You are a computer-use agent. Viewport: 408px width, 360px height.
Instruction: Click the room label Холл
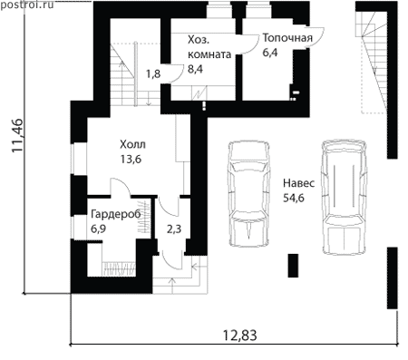click(x=132, y=144)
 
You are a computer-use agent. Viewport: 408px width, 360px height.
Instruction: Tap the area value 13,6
click(x=131, y=159)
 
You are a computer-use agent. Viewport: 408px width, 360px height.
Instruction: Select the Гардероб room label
click(x=116, y=214)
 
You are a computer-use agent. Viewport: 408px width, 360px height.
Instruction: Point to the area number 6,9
click(x=98, y=229)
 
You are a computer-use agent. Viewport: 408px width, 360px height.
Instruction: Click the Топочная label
click(x=287, y=38)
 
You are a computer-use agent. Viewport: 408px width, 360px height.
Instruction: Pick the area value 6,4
click(x=270, y=53)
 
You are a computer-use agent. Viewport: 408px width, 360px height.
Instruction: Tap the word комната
click(x=209, y=54)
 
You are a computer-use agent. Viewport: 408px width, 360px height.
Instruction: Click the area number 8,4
click(x=195, y=69)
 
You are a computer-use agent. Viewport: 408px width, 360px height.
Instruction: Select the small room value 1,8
click(x=153, y=74)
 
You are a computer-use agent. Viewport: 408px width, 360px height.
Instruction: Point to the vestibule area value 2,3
click(x=174, y=229)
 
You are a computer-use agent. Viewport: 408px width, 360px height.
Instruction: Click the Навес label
click(x=298, y=183)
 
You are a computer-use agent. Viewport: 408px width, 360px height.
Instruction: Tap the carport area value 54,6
click(x=294, y=198)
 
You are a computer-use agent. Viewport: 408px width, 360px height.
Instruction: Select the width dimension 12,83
click(x=240, y=336)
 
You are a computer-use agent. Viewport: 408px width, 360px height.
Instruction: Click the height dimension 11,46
click(x=17, y=135)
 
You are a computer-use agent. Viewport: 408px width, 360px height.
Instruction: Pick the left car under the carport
click(x=248, y=193)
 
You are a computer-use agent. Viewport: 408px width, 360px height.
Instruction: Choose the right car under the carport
click(x=344, y=197)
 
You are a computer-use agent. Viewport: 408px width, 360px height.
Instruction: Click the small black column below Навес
click(x=293, y=266)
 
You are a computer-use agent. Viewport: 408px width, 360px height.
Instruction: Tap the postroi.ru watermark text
click(x=27, y=5)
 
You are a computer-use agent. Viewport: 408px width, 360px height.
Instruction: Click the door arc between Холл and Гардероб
click(x=121, y=187)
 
